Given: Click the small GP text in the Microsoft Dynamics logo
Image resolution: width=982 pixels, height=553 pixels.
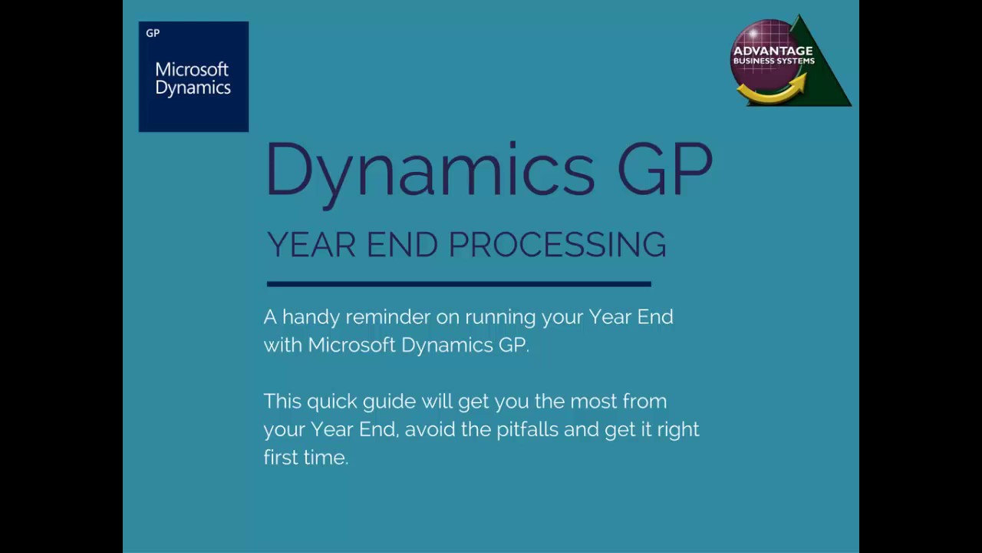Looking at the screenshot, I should tap(153, 33).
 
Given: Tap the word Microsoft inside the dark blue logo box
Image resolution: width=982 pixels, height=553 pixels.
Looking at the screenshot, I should tap(192, 69).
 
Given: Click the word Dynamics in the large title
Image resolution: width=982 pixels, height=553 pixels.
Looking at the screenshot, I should tap(430, 169).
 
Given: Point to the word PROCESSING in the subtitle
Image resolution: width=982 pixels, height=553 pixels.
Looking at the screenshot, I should tap(557, 244).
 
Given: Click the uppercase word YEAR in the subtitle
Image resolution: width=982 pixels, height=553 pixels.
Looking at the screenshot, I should tap(311, 244).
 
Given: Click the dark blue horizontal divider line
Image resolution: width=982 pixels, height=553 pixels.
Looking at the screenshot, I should tap(459, 284).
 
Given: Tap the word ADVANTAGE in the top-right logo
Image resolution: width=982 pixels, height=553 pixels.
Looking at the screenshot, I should tap(773, 51).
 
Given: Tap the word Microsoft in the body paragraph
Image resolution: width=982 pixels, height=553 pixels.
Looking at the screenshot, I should tap(351, 345).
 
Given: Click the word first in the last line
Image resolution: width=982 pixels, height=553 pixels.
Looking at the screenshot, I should tap(281, 457).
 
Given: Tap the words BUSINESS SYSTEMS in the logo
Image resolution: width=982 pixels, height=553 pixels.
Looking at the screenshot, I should tap(773, 61).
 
